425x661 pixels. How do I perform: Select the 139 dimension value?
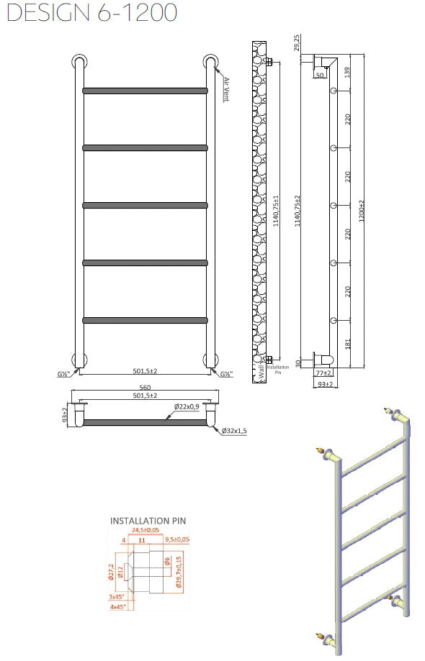(x=347, y=73)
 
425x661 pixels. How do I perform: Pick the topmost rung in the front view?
(x=145, y=91)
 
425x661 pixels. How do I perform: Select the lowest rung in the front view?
(x=145, y=320)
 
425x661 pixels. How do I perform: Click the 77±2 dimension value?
(x=324, y=373)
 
